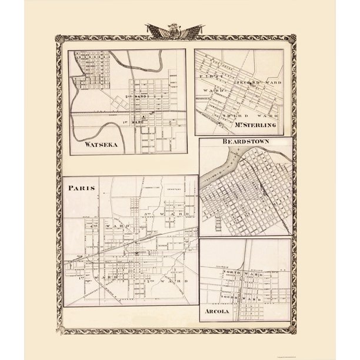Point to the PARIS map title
tap(81, 190)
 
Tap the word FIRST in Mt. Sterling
tap(207, 77)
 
